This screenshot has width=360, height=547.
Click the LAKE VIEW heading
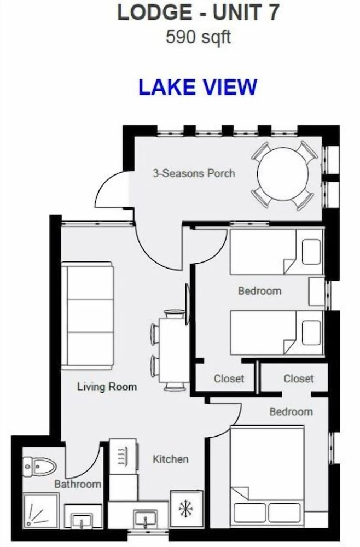[x=198, y=86]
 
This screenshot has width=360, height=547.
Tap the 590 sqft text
[x=198, y=37]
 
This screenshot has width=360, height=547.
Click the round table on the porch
[x=283, y=174]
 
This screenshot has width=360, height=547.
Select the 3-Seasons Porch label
[x=194, y=173]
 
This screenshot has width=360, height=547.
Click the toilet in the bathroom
[x=39, y=465]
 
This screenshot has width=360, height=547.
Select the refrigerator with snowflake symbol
[x=186, y=510]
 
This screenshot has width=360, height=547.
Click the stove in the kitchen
[x=123, y=456]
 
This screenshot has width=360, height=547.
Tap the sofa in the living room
[x=87, y=316]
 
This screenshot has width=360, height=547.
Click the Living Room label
[x=107, y=387]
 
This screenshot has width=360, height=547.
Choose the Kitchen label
[x=171, y=459]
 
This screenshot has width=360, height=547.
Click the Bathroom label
[x=78, y=484]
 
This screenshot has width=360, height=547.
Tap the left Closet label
[x=229, y=379]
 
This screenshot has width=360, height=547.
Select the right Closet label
[x=299, y=379]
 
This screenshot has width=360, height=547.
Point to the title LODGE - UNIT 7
[x=198, y=13]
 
